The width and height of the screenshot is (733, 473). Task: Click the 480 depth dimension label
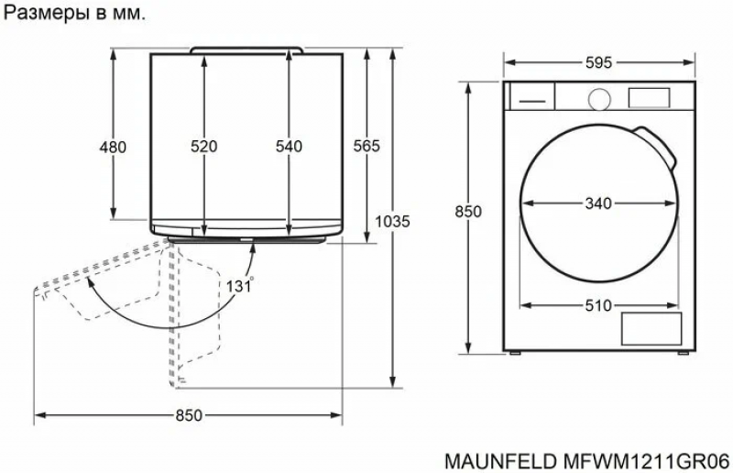[113, 147]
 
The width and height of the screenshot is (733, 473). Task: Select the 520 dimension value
[203, 147]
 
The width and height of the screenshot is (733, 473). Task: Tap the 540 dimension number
[289, 147]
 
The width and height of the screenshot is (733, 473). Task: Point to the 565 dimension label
[366, 147]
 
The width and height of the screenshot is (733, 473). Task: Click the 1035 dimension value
[393, 221]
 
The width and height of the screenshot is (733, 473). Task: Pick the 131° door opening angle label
[240, 285]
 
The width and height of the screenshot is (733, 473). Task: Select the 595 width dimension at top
[599, 62]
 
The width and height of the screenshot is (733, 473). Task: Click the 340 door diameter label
[598, 203]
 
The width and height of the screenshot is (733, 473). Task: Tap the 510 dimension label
[598, 306]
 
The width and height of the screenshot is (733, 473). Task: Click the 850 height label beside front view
[468, 212]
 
